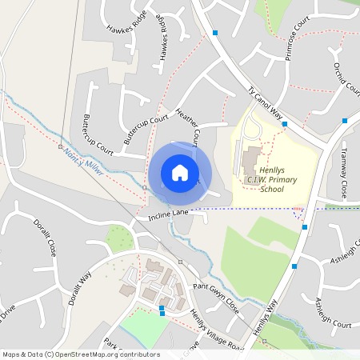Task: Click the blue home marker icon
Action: (180, 173)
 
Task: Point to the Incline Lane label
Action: (167, 215)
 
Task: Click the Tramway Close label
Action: (342, 174)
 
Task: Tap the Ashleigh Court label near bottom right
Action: (333, 313)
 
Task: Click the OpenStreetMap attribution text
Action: (80, 354)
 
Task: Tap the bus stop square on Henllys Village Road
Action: (162, 308)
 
